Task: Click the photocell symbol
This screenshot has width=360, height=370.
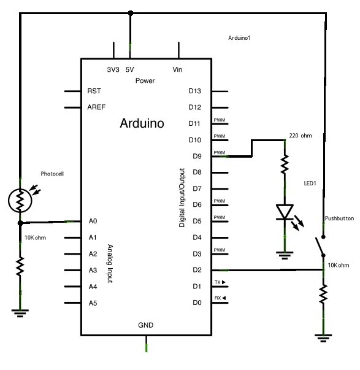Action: click(x=20, y=199)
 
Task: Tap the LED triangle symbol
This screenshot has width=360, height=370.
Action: click(x=284, y=212)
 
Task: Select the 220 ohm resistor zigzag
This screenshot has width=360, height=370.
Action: click(x=284, y=164)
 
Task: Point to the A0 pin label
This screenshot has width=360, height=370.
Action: click(x=93, y=221)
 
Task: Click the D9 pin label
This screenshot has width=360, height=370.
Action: click(x=196, y=156)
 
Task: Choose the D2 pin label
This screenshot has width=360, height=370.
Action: click(x=196, y=269)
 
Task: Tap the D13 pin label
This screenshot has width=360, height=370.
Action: click(x=194, y=91)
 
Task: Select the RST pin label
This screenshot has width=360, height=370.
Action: click(x=94, y=91)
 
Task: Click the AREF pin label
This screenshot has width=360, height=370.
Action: click(x=96, y=107)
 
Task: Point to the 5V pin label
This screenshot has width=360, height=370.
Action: click(x=129, y=70)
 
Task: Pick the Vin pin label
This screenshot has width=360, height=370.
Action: click(x=178, y=70)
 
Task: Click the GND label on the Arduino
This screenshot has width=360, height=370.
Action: click(x=146, y=325)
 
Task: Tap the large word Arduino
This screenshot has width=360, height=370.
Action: click(x=142, y=123)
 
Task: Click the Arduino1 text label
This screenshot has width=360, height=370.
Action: click(x=239, y=38)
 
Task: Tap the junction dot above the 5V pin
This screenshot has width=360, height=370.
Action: click(x=129, y=12)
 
